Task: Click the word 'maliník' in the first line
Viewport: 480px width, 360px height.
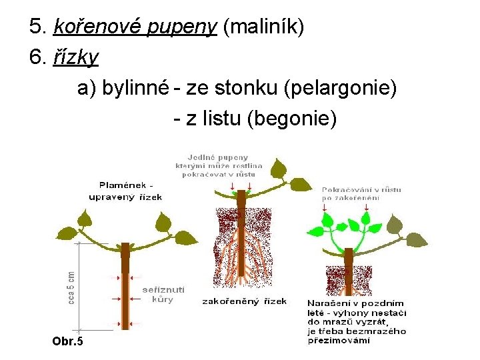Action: point(264,27)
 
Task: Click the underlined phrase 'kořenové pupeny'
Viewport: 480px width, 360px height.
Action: point(135,27)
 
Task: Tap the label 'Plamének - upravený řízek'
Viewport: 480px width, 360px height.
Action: point(126,191)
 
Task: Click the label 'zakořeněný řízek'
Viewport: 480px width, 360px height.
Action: point(245,301)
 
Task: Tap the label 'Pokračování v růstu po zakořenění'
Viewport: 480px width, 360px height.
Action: point(362,193)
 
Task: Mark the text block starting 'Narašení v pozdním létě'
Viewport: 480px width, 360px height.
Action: point(357,321)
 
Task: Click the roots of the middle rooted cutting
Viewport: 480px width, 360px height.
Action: point(241,260)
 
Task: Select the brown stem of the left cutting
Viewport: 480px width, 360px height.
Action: point(125,293)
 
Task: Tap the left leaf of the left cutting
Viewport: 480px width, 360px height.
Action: point(85,219)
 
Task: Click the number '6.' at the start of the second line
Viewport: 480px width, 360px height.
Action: point(37,57)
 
